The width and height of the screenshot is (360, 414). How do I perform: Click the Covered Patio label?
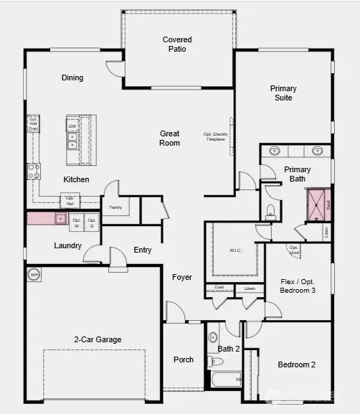[177, 44]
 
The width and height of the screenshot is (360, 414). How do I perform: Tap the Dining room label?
[72, 77]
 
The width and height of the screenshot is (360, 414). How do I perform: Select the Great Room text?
[170, 138]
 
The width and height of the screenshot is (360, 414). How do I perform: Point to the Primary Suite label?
[283, 93]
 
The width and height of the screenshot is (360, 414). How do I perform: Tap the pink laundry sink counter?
[47, 218]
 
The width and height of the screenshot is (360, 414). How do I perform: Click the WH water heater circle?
[34, 274]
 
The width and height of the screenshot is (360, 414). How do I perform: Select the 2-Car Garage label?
[98, 339]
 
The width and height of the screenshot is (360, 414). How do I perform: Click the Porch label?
[184, 359]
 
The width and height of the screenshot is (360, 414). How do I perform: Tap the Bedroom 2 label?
[297, 364]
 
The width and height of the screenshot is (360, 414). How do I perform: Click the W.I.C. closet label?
[236, 250]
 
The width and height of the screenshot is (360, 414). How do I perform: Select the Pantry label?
[115, 207]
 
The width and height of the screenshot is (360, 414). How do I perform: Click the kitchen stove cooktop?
[34, 171]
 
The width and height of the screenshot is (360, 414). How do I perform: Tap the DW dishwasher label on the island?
[72, 127]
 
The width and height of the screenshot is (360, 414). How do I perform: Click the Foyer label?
[182, 277]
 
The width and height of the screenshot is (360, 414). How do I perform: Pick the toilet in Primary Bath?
[270, 211]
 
